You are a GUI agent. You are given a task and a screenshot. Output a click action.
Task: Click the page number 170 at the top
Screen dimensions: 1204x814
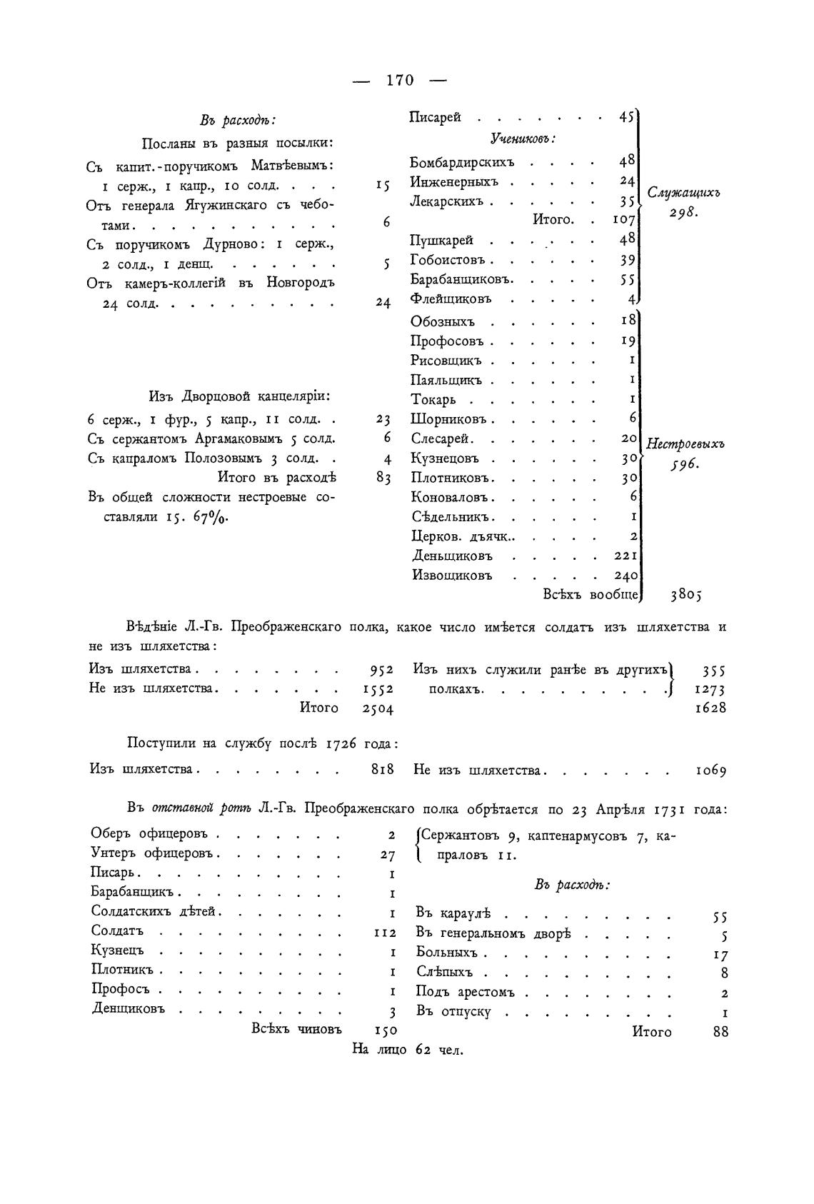(x=399, y=80)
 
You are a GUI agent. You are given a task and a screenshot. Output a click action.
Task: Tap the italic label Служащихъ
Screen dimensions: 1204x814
(x=683, y=192)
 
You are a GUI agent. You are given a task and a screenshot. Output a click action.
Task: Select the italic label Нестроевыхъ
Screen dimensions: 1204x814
(x=685, y=444)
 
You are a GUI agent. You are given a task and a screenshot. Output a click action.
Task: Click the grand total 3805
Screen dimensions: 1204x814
(x=686, y=593)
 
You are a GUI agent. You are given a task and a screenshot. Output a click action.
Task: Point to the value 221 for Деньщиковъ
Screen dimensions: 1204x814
(x=626, y=556)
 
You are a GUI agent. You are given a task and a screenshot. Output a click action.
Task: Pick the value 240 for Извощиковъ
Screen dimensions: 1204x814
(x=626, y=575)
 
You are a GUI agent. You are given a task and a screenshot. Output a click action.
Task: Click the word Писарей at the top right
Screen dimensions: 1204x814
(x=435, y=117)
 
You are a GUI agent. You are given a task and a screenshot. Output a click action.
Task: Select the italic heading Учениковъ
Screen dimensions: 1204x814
(x=523, y=139)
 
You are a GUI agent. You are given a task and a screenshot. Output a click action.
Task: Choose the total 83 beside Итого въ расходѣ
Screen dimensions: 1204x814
(x=383, y=478)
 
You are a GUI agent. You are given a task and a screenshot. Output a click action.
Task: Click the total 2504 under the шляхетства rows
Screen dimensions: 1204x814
(x=378, y=708)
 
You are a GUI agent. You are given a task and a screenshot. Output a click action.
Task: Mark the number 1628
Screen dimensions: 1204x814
(x=710, y=708)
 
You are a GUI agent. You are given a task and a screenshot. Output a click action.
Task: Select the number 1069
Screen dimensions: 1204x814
(x=710, y=771)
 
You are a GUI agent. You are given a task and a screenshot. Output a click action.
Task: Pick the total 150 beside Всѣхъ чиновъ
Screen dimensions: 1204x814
(x=385, y=1030)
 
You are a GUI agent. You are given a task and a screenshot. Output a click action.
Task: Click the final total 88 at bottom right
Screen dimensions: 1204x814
(x=720, y=1032)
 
